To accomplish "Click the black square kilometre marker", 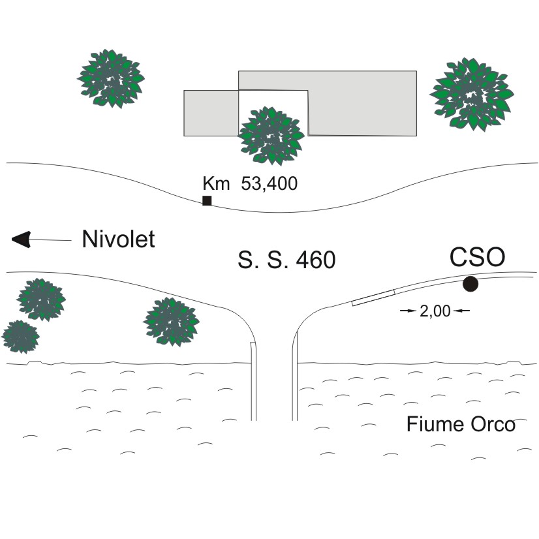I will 207,200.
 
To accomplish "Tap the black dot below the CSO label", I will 470,284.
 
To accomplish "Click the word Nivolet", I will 118,239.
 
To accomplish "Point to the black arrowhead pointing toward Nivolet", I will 22,239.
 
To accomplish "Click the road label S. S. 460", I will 286,260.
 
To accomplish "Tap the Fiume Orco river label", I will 461,424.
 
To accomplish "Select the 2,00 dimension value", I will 435,311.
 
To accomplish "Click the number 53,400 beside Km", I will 269,184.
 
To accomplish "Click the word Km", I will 217,184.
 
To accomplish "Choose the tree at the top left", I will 111,77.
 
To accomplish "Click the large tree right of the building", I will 470,94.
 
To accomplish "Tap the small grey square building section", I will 211,113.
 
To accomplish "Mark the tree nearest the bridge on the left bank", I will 171,321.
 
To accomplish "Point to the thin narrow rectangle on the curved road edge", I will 373,298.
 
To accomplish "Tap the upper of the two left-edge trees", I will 41,300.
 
